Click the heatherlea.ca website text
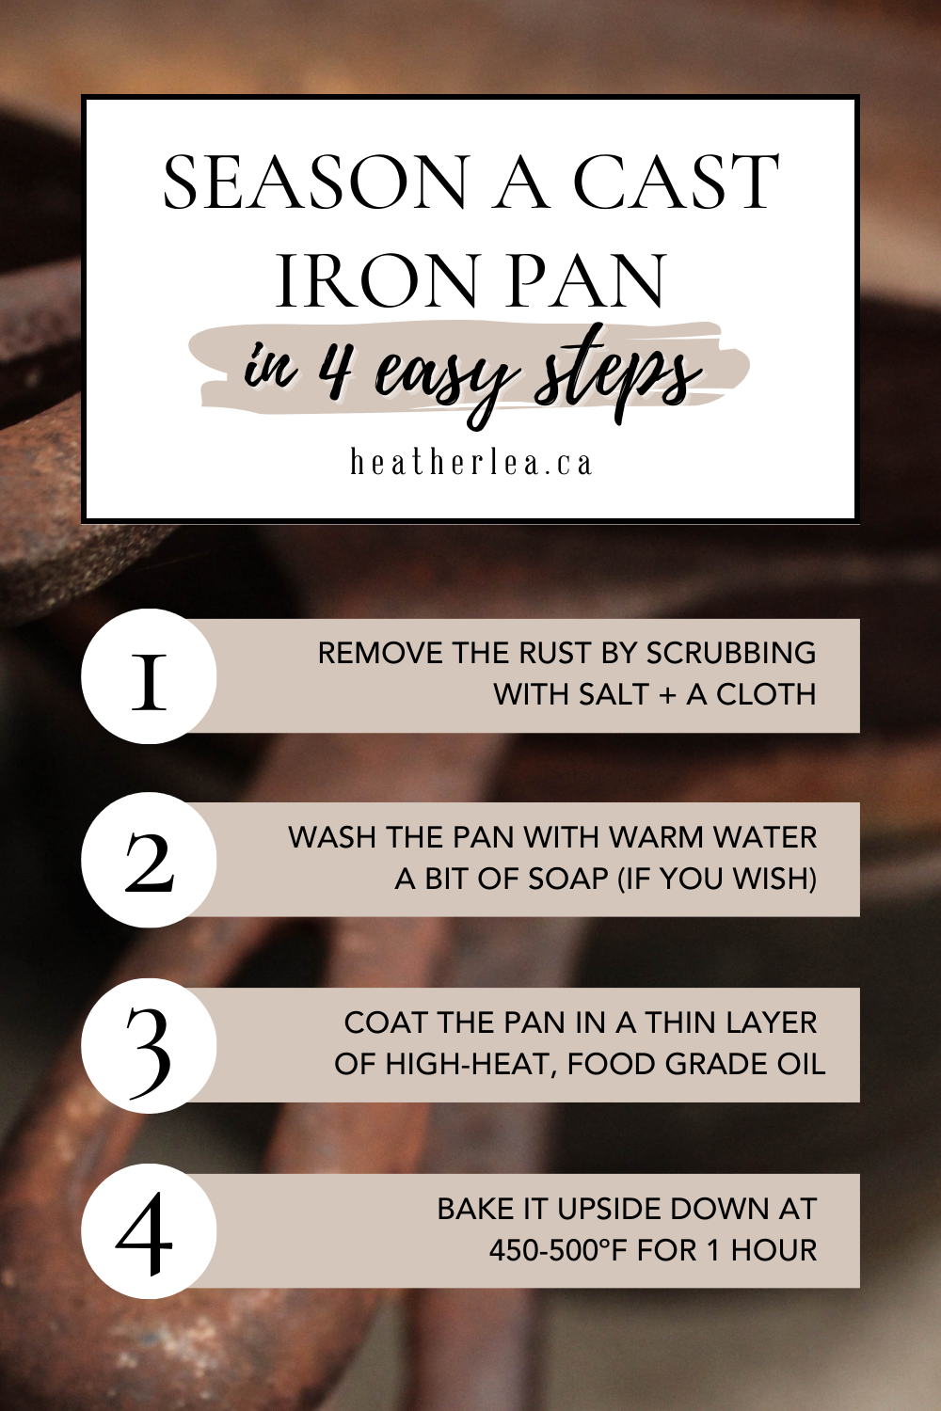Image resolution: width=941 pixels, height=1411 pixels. [470, 463]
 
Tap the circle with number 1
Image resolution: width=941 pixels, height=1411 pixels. [149, 676]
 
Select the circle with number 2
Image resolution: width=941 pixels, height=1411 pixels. [149, 860]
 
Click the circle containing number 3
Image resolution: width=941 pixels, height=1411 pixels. [149, 1045]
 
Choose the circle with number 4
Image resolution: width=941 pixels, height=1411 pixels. [149, 1230]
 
